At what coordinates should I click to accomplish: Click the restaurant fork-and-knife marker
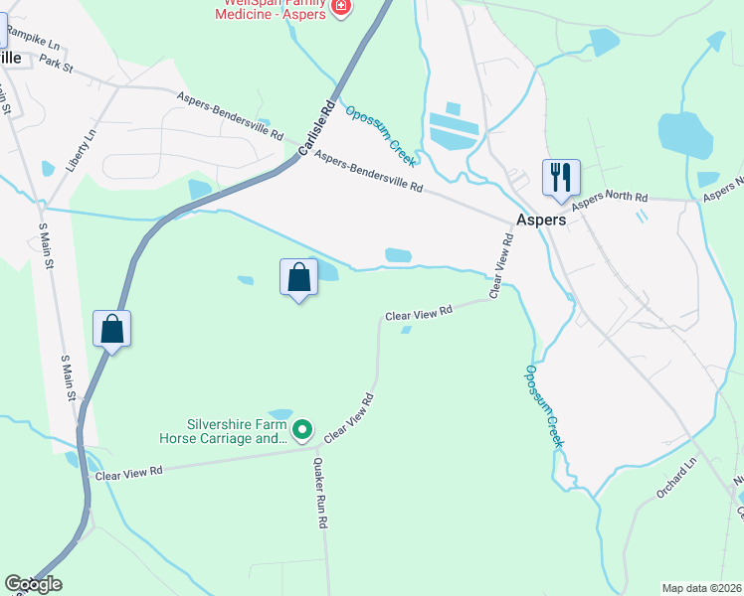click(560, 178)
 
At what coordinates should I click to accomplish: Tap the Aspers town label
click(541, 221)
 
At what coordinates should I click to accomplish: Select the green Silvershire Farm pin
click(303, 430)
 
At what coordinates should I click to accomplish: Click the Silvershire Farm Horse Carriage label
click(223, 429)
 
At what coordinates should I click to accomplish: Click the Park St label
click(58, 64)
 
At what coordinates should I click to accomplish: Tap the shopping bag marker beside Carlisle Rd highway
click(112, 328)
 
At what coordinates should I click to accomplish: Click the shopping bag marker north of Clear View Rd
click(299, 279)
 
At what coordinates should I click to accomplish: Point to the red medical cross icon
click(342, 7)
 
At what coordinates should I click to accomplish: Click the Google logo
click(33, 584)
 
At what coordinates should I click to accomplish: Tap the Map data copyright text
click(701, 587)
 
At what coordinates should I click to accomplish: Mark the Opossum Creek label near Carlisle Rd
click(380, 136)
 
